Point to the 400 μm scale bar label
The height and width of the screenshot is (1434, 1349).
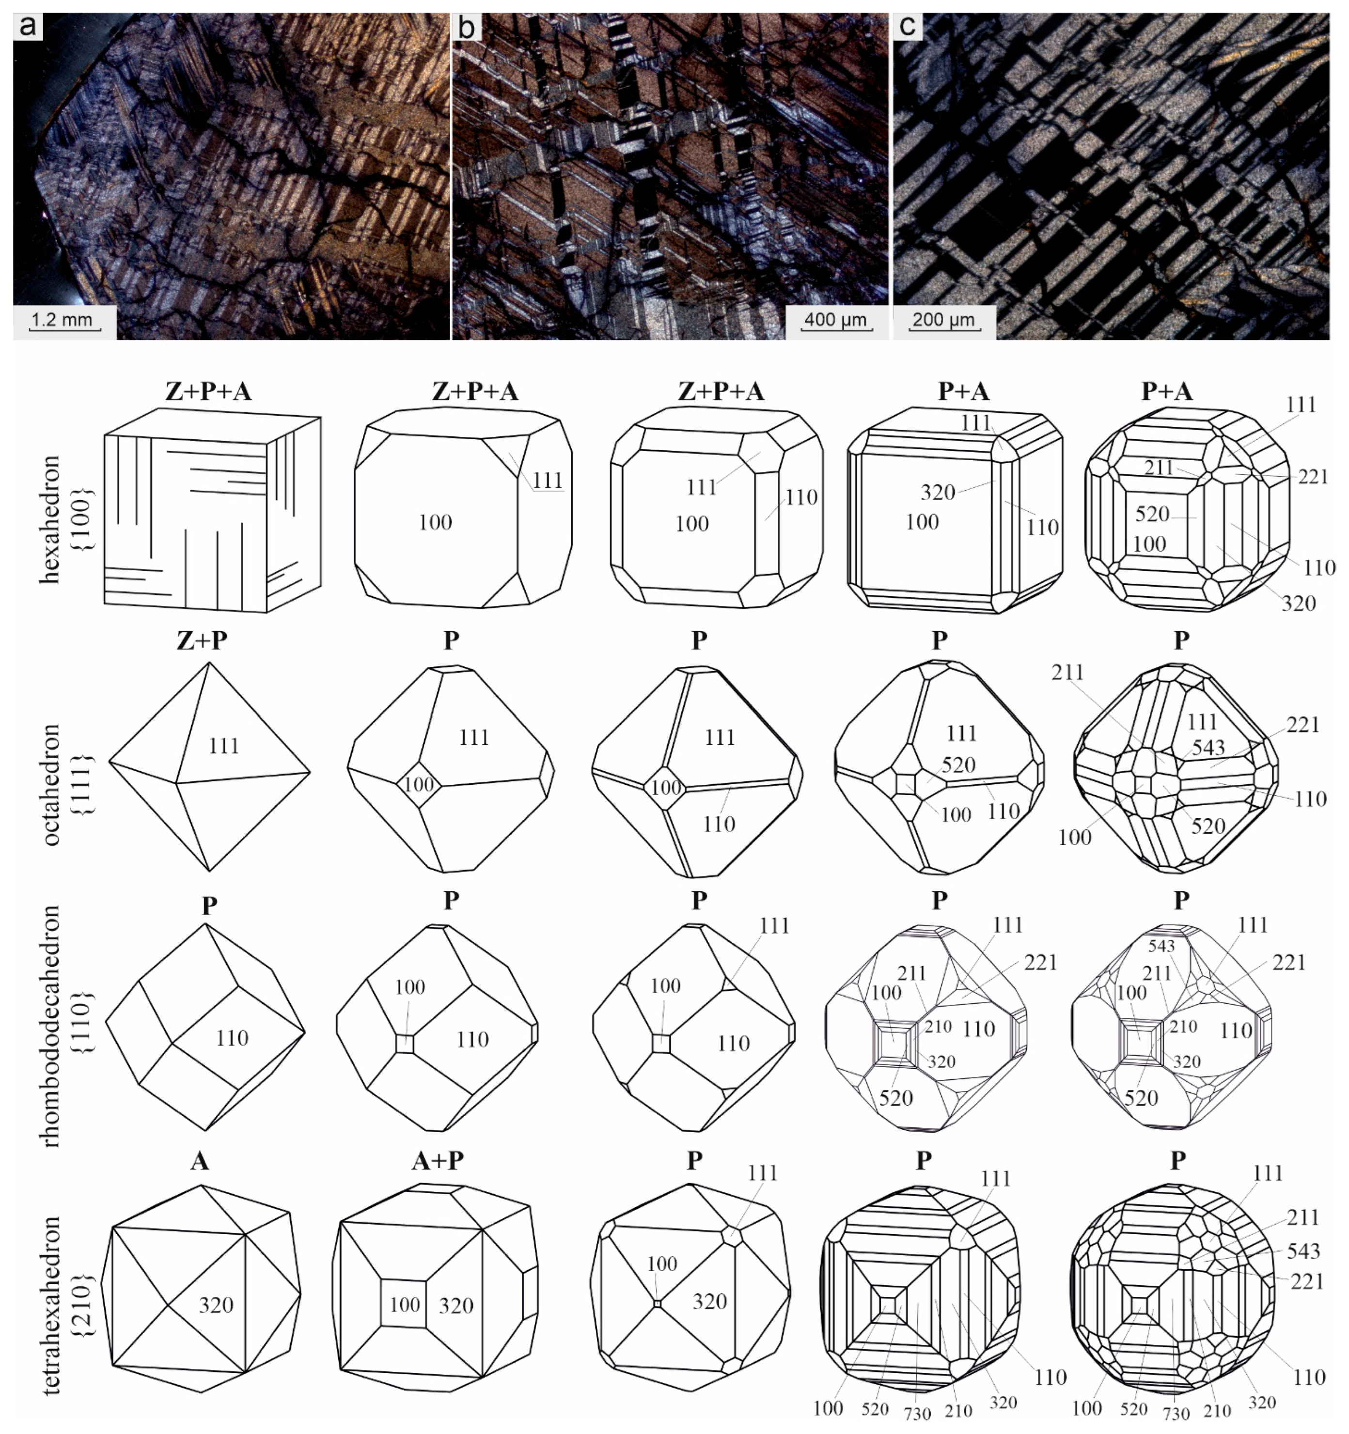pyautogui.click(x=835, y=319)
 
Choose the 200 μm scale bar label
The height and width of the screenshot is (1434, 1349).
pyautogui.click(x=943, y=319)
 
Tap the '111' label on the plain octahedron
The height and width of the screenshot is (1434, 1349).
pyautogui.click(x=224, y=745)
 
